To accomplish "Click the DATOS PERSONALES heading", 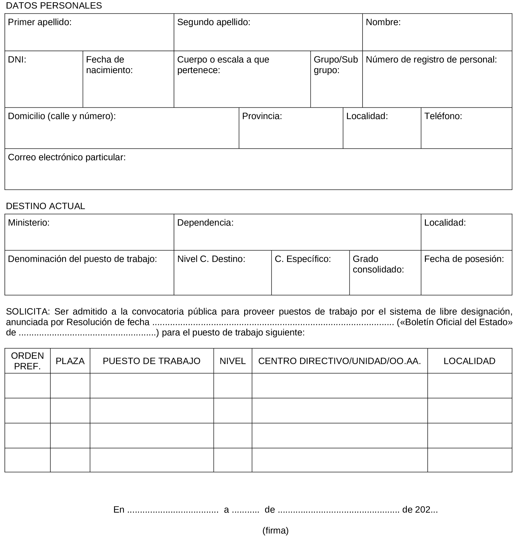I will [x=54, y=6].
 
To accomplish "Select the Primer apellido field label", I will [x=39, y=22].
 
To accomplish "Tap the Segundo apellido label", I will [x=214, y=22].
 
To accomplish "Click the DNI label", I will [x=17, y=60].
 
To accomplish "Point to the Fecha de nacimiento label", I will [x=109, y=65].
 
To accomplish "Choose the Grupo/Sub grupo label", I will [x=336, y=65].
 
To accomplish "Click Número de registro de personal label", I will [x=431, y=60].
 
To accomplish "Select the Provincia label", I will [x=262, y=116].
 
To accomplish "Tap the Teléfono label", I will [x=443, y=116].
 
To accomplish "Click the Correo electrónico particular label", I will [x=67, y=157].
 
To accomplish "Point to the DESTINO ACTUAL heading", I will [x=46, y=206].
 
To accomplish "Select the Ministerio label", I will [x=29, y=223].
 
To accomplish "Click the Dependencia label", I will [x=205, y=223].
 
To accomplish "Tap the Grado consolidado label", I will [x=378, y=264].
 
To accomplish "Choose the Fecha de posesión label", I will [x=464, y=259].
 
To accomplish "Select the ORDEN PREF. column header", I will [x=27, y=361].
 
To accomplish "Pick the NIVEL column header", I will [x=233, y=361].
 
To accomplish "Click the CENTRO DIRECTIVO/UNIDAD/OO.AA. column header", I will [x=339, y=361].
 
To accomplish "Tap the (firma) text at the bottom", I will [x=275, y=531].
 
